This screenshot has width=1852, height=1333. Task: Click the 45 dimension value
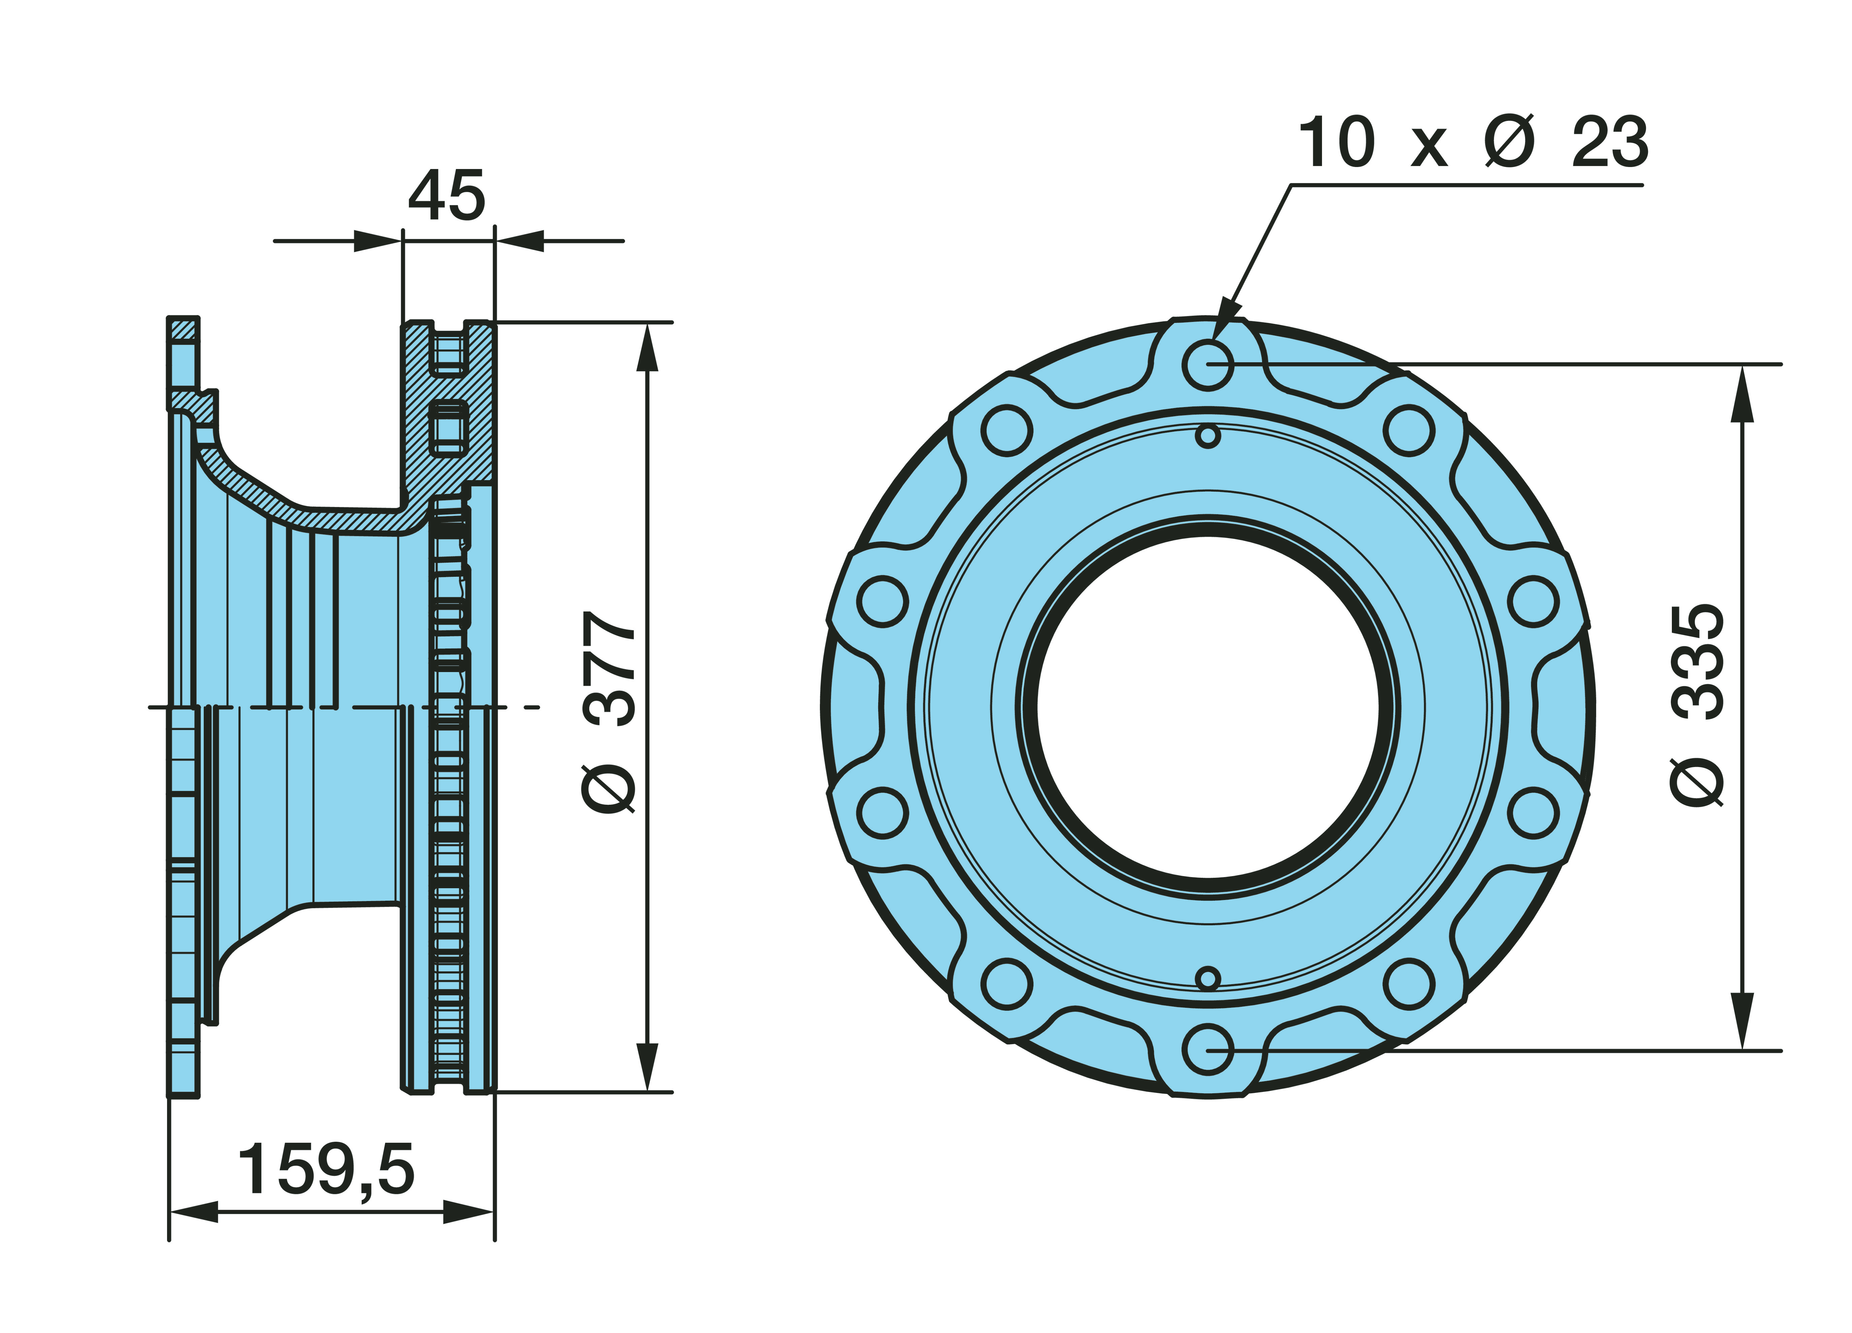[447, 196]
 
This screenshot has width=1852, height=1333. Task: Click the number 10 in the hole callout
[1337, 143]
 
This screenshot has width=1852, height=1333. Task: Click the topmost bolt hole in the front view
[1208, 364]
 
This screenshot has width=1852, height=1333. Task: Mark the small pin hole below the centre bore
[1208, 978]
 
